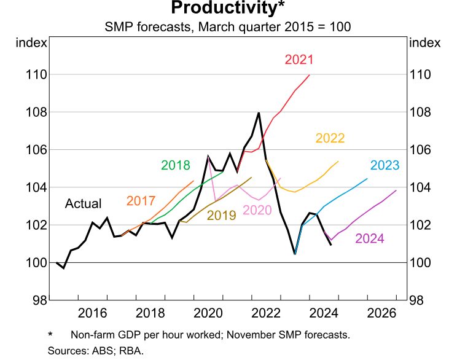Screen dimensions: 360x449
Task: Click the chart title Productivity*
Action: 224,9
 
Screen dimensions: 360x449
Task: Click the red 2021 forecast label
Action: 299,60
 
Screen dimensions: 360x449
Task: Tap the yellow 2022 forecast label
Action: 330,138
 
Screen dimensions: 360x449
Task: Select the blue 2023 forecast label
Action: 385,165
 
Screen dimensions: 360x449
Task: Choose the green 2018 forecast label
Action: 176,165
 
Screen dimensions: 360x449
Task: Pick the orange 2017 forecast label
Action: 141,201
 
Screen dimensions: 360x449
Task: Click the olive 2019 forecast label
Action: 221,215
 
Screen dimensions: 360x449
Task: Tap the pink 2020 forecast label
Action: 257,210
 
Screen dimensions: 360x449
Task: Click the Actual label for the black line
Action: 84,203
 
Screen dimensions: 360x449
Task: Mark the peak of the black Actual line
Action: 259,112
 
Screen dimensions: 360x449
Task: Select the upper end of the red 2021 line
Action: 310,75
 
